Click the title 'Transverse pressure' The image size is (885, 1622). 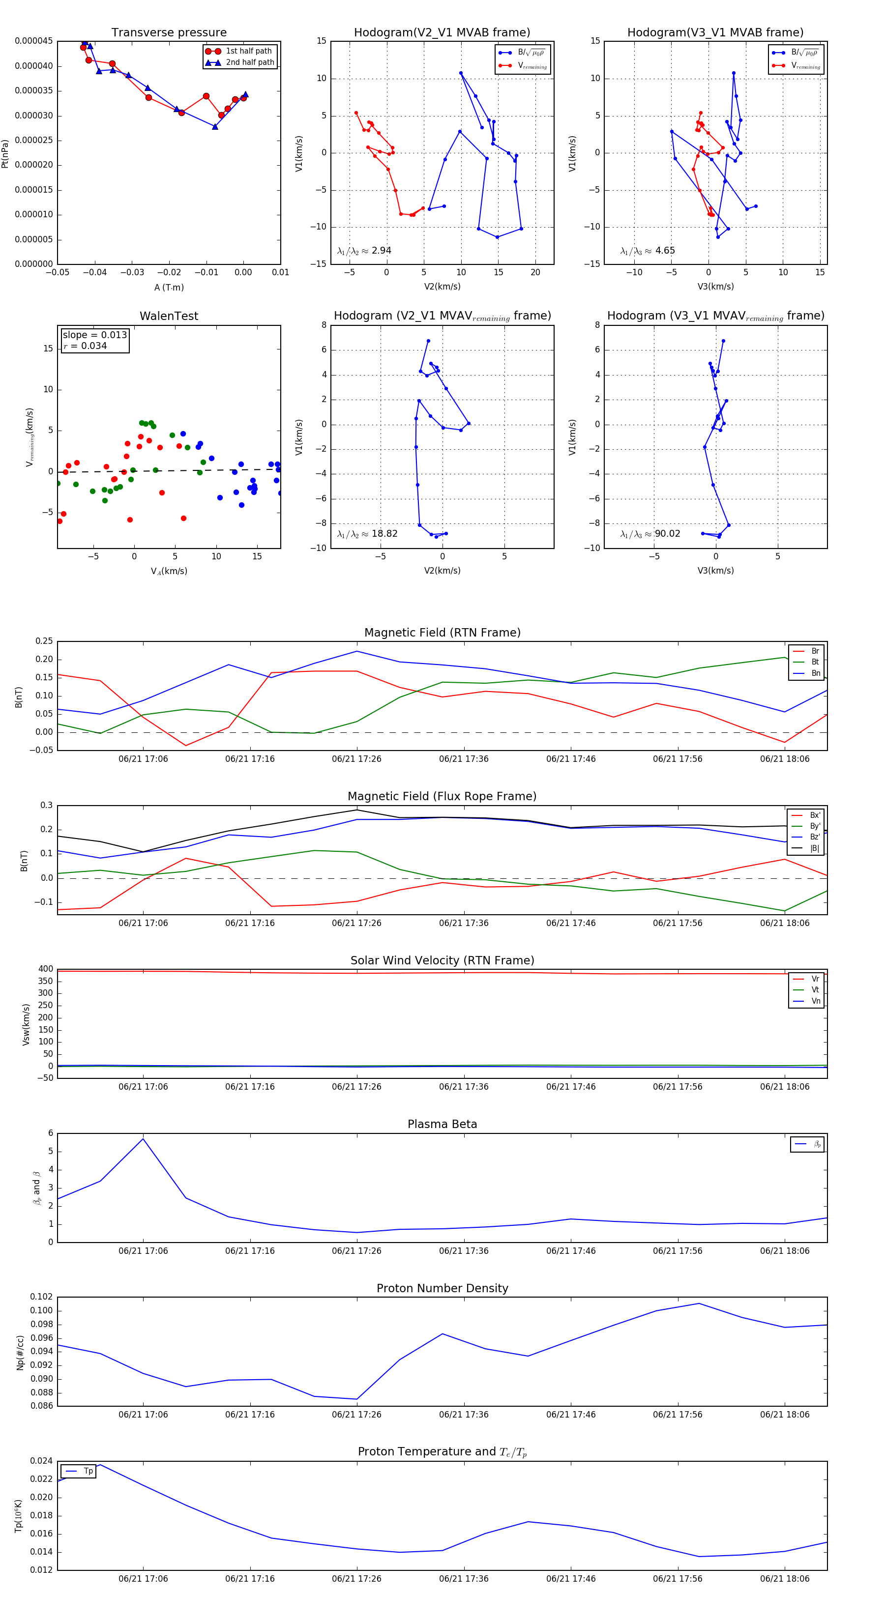[169, 33]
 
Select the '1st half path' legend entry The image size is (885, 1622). [249, 51]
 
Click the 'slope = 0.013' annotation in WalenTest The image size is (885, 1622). [94, 335]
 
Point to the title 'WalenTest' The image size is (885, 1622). [169, 316]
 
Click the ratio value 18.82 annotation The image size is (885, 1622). [384, 534]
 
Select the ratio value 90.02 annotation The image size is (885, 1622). [668, 534]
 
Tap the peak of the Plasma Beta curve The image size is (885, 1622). [143, 1139]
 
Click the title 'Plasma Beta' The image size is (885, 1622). [442, 1125]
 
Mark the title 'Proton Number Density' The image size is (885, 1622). [442, 1288]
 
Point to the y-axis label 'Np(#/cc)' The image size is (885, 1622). [20, 1353]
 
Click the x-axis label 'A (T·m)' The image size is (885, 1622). [169, 288]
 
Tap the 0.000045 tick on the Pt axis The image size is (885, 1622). [34, 41]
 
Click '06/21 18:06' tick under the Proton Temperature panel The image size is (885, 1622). [784, 1579]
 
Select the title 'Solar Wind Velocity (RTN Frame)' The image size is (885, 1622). [442, 961]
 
